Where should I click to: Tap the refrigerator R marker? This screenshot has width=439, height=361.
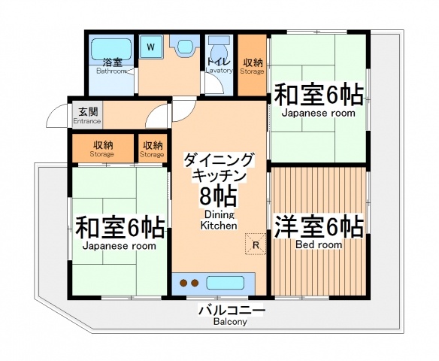click(256, 244)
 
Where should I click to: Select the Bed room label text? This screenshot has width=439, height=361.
click(319, 245)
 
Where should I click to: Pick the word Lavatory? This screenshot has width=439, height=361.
click(219, 71)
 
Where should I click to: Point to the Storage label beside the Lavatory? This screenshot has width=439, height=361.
click(252, 72)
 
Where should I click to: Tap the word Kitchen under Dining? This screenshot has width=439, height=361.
click(219, 225)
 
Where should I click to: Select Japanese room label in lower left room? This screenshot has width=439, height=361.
click(120, 246)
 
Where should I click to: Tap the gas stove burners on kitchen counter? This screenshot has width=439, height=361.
click(188, 284)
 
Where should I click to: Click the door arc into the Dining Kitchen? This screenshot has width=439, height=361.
click(159, 116)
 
